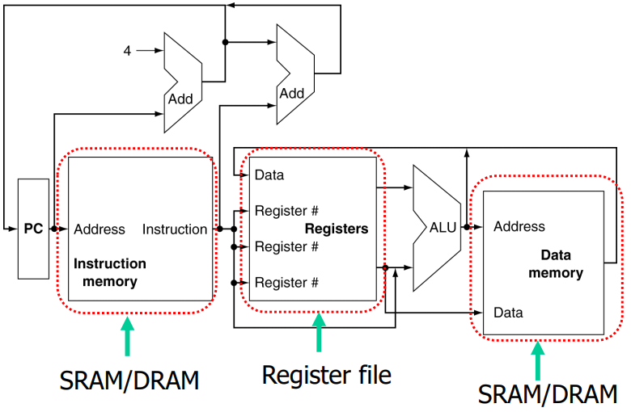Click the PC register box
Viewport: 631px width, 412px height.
pos(33,229)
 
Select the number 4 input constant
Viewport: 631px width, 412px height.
pos(127,50)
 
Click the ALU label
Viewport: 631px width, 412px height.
pos(443,228)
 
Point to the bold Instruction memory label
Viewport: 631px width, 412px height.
pos(110,273)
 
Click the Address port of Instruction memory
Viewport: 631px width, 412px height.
pos(100,229)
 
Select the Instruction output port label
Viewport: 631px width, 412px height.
pos(175,229)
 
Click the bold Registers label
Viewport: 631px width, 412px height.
pos(336,229)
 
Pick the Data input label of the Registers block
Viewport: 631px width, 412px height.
pos(269,174)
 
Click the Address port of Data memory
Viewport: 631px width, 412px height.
pos(519,226)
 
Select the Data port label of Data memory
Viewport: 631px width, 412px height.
pos(508,313)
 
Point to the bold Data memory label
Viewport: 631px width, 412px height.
pos(556,264)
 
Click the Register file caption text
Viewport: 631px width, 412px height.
pos(326,374)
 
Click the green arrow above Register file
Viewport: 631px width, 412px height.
pos(319,331)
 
